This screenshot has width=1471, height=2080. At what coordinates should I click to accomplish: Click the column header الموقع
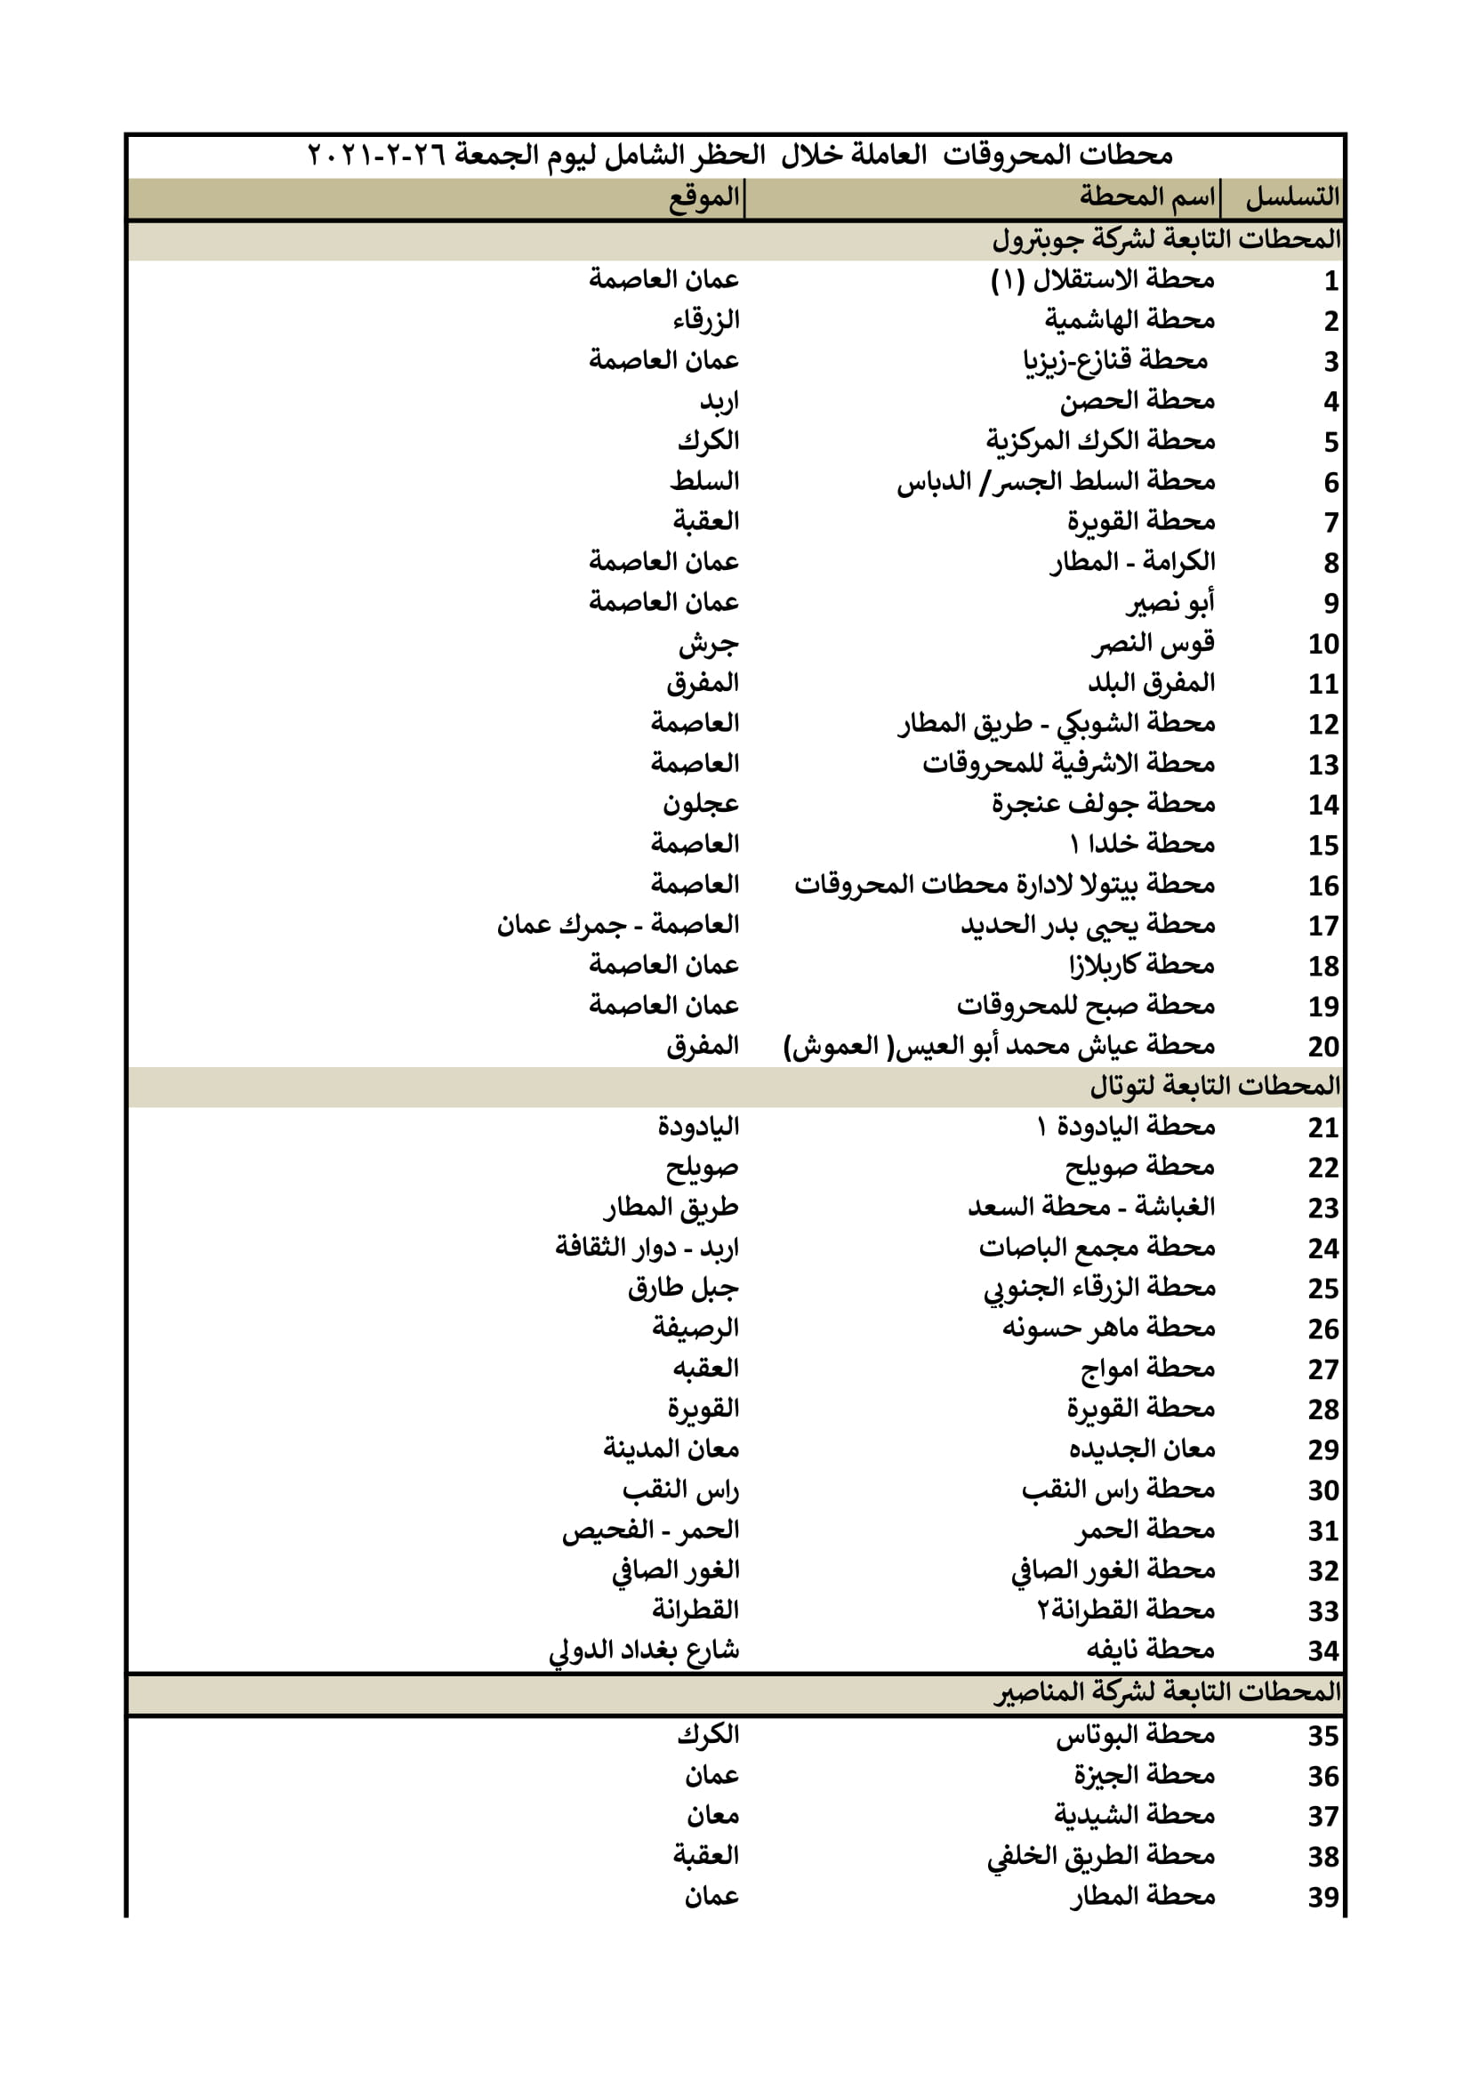point(703,197)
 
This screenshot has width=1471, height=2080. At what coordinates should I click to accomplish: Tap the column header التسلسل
point(1291,197)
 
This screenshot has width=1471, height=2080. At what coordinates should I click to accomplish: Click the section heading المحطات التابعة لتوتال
point(1214,1085)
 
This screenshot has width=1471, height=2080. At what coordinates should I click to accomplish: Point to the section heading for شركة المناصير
point(1167,1691)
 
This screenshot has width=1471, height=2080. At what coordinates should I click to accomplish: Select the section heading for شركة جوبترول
point(1166,239)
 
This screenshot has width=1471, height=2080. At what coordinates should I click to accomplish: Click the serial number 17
point(1322,926)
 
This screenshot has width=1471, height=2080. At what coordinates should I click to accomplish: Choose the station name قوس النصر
point(1152,643)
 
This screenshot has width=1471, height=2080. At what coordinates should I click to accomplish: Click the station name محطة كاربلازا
point(1141,966)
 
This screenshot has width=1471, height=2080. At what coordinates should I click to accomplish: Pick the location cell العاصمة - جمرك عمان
point(618,925)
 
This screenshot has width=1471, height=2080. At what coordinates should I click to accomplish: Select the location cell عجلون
point(700,805)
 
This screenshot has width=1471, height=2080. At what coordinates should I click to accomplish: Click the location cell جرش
point(708,643)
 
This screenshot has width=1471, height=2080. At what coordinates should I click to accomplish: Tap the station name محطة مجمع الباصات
point(1096,1248)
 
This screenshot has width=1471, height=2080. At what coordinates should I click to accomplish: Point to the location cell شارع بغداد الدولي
point(644,1650)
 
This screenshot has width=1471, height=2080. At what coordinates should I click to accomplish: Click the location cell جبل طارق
point(683,1289)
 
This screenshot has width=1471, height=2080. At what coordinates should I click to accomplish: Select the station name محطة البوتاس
point(1135,1735)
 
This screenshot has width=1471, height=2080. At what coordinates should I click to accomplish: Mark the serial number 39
point(1322,1897)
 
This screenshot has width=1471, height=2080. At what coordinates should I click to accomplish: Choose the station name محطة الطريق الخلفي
point(1100,1856)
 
